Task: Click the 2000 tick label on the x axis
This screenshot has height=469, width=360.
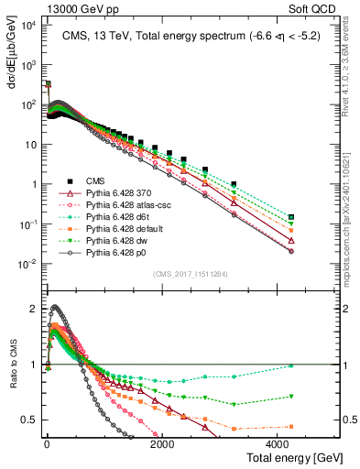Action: (162, 444)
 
